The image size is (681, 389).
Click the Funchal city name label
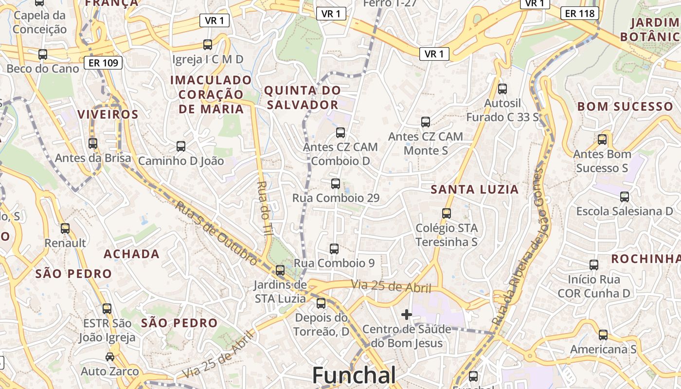coord(354,375)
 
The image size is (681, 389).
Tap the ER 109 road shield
coord(103,62)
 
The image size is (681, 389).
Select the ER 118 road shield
coord(580,13)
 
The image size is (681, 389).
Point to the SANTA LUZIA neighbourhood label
coord(475,190)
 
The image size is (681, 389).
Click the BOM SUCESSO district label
coord(625,106)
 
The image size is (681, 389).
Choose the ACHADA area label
coord(131,254)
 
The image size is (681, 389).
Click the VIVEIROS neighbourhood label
coord(108,114)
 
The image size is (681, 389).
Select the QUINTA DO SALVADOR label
coord(302,97)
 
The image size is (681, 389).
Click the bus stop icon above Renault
coord(65,228)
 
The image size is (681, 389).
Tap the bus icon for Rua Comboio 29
coord(335,183)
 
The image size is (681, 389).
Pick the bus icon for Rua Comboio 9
coord(334,248)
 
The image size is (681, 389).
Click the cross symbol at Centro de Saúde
coord(407,315)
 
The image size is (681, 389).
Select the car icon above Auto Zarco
coord(110,356)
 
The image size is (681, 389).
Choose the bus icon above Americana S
coord(603,335)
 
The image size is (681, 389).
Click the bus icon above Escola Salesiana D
coord(625,196)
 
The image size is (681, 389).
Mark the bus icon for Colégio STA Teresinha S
coord(447,213)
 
